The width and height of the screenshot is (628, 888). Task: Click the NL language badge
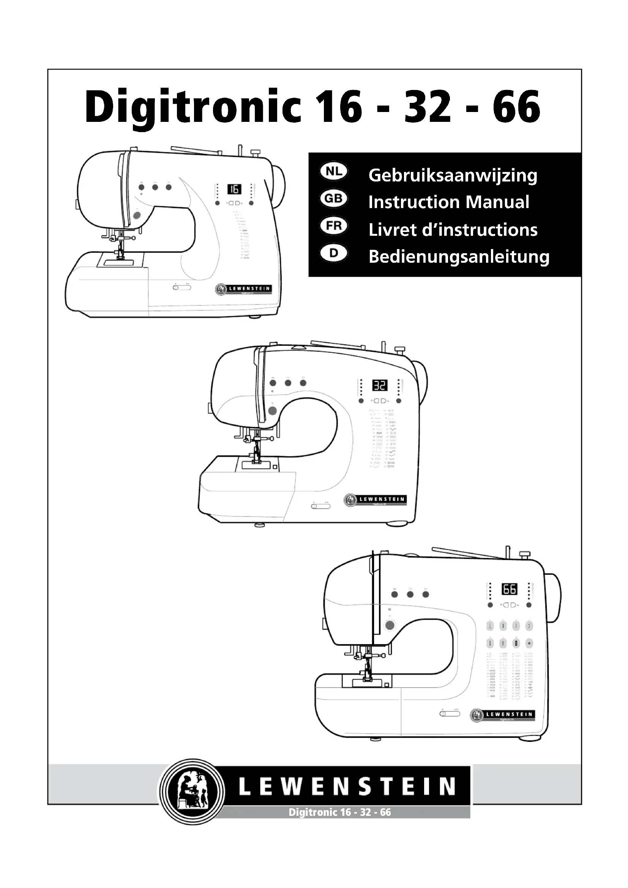(x=334, y=172)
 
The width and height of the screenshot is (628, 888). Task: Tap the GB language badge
(x=334, y=199)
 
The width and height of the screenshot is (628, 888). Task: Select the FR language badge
(x=334, y=226)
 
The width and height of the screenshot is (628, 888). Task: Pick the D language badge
(x=334, y=253)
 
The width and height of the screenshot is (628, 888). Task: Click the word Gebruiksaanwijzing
(x=453, y=176)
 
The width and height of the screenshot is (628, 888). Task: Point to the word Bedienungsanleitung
(x=459, y=257)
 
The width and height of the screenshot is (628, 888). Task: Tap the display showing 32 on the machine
(x=380, y=385)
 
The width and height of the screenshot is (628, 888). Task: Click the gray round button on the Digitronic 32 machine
(x=273, y=411)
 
